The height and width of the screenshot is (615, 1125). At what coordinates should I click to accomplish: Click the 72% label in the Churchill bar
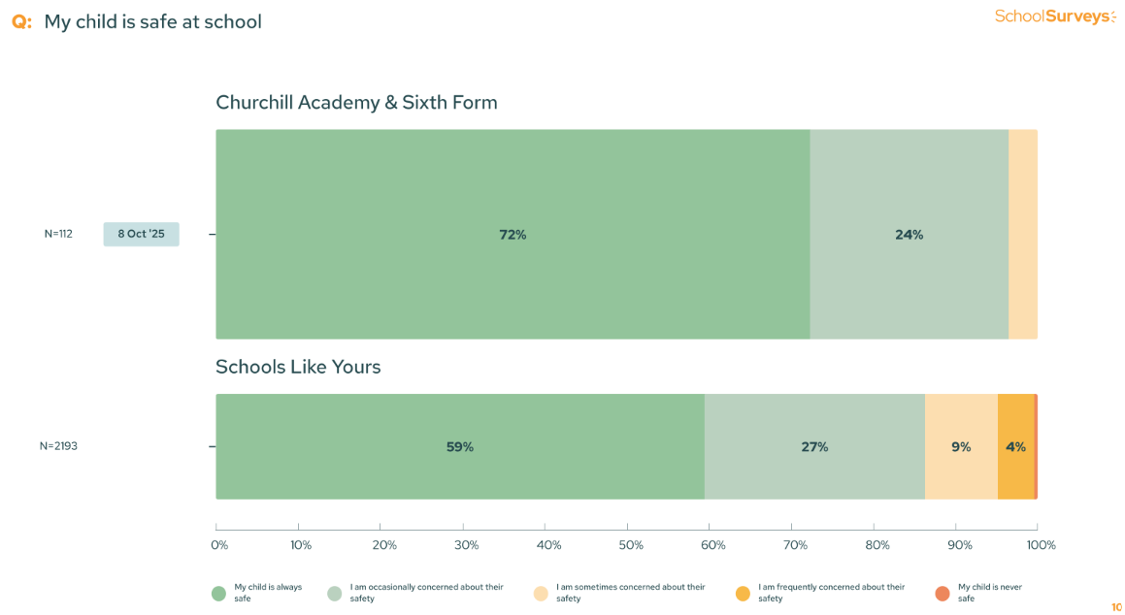point(513,235)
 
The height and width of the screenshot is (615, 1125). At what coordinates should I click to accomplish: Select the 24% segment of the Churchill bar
point(909,235)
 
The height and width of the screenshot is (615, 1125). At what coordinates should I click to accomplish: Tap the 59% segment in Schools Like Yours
point(459,447)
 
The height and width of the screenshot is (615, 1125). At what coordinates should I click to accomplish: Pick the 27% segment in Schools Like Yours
point(814,447)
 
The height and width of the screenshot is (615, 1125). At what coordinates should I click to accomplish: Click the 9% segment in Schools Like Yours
point(961,447)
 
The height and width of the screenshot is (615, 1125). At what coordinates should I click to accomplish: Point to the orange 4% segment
point(1015,447)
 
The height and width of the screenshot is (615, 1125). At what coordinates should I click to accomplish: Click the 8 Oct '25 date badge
point(141,234)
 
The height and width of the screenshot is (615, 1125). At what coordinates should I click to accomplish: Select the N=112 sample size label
point(58,234)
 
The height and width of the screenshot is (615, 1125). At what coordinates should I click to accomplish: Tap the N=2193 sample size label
point(58,446)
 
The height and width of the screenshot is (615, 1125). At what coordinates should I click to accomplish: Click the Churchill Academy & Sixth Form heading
point(356,102)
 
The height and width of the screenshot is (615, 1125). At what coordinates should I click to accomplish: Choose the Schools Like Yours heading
point(298,367)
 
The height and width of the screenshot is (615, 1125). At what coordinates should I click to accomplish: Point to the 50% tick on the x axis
point(631,545)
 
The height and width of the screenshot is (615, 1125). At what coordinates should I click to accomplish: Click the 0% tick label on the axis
point(219,545)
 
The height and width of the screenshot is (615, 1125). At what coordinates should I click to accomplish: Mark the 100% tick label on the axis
point(1041,545)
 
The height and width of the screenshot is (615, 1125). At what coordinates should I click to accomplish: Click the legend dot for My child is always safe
point(218,593)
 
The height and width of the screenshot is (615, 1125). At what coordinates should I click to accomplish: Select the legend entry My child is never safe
point(989,593)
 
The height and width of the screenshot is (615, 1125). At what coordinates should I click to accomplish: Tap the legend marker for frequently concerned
point(743,593)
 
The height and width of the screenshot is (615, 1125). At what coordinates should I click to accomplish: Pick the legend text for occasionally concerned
point(426,593)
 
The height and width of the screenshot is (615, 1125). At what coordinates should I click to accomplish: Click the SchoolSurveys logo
point(1055,16)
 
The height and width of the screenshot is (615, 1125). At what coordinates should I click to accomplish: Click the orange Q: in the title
point(21,21)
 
